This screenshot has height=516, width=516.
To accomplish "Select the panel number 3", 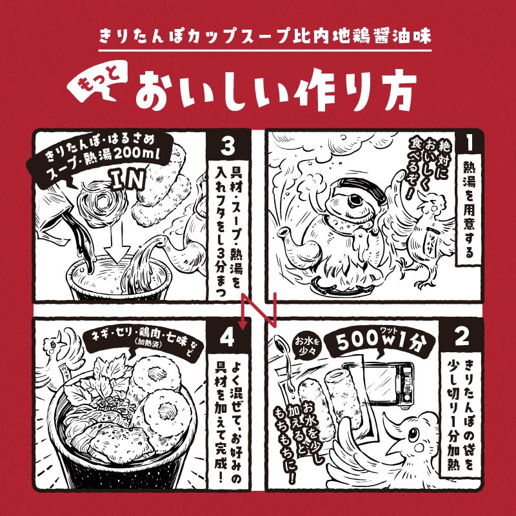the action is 228,146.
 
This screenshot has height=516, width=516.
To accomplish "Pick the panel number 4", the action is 227,337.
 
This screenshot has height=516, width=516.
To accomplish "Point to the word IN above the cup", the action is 128,179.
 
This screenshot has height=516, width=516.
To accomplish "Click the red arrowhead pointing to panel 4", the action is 243,326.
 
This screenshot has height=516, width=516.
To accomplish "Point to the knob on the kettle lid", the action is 356,199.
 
